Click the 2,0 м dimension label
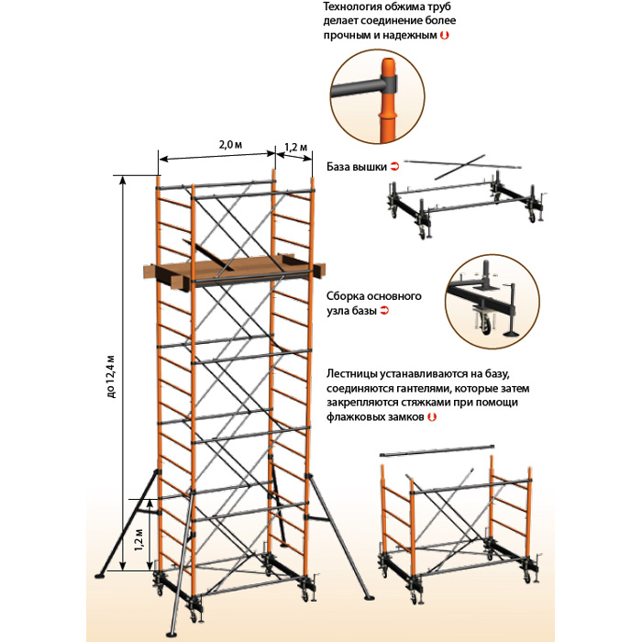coord(230,145)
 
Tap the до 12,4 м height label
coord(112,376)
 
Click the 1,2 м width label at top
coord(296,147)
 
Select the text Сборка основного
coord(373,297)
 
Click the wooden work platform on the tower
coord(234,271)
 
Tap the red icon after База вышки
coord(395,167)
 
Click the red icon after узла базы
coord(385,312)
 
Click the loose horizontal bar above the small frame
coord(439,452)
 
